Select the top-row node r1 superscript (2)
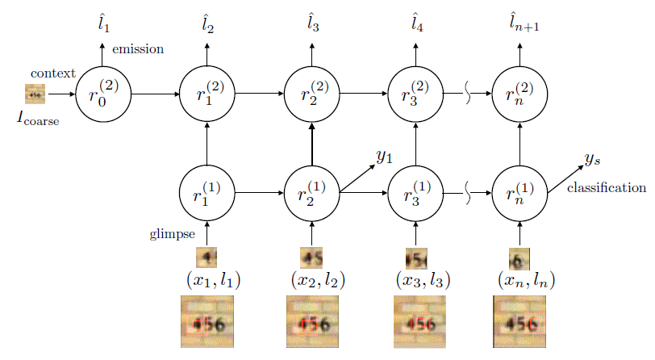point(207,94)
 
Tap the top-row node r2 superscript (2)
point(312,94)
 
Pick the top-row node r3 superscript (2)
point(415,94)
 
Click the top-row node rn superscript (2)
point(519,94)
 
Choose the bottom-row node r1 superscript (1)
point(207,194)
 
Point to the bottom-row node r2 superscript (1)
point(312,194)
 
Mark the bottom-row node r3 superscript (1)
point(415,194)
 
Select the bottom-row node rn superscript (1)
point(519,194)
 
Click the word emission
point(138,49)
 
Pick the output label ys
point(593,160)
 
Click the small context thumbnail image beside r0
point(35,94)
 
